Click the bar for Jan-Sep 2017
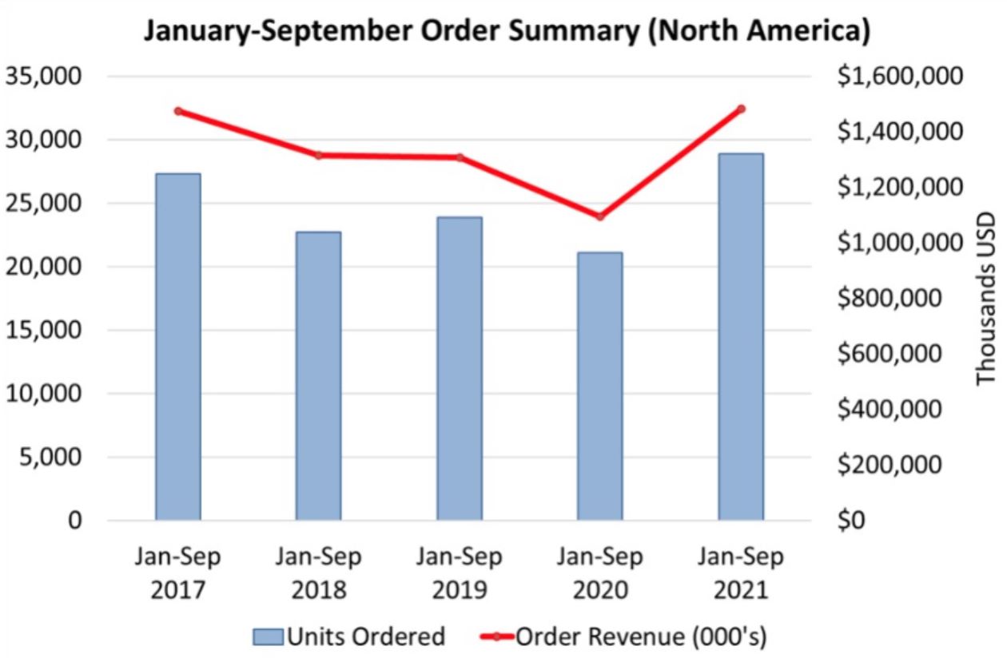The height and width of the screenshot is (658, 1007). tap(178, 347)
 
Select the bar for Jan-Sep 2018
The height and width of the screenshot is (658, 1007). tap(318, 376)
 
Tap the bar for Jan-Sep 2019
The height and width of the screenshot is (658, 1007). tap(459, 368)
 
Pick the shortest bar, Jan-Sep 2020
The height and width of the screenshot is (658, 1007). tap(599, 386)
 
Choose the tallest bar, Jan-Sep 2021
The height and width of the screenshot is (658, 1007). tap(740, 336)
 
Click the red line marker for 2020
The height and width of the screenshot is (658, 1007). tap(599, 216)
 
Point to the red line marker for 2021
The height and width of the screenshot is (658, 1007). tap(741, 109)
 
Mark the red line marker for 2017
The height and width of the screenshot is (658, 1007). tap(178, 111)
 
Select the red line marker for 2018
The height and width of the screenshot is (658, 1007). tap(318, 155)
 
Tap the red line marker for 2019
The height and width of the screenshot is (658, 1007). tap(460, 157)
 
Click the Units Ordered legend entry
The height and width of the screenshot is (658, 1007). tap(348, 636)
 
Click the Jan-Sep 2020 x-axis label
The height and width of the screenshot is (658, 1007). tap(599, 573)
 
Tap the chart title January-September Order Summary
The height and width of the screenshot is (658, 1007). tap(505, 32)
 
